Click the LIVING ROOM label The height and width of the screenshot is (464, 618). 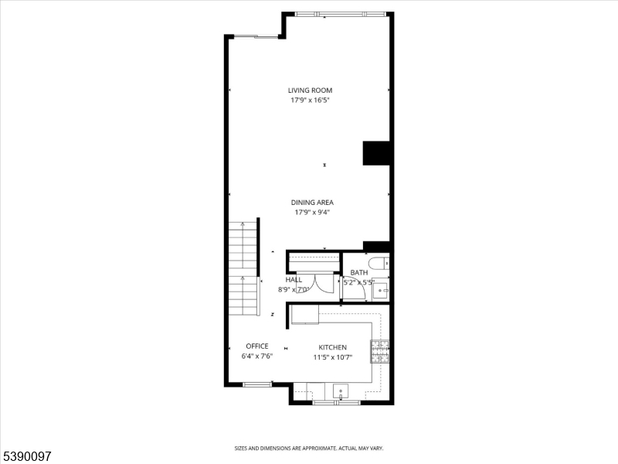coord(310,90)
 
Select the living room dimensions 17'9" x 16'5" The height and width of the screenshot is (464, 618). coord(310,100)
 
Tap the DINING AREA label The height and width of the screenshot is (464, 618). coord(312,203)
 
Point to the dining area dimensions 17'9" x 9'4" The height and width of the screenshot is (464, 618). coord(312,212)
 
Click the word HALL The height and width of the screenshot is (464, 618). coord(294,280)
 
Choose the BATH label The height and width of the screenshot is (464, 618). coord(359,273)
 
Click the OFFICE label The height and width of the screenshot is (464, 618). coord(257,346)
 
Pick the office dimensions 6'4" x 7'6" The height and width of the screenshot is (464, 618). coord(257,357)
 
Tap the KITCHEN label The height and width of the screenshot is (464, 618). coord(333,348)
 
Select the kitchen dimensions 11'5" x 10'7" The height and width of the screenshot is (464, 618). coord(333,357)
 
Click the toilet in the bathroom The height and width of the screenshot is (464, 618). coord(379,264)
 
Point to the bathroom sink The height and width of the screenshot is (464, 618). coord(380,290)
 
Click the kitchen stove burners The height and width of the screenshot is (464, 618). coord(380,352)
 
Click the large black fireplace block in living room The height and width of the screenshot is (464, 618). coord(377,153)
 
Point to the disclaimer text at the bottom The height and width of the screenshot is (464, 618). coord(309,448)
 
